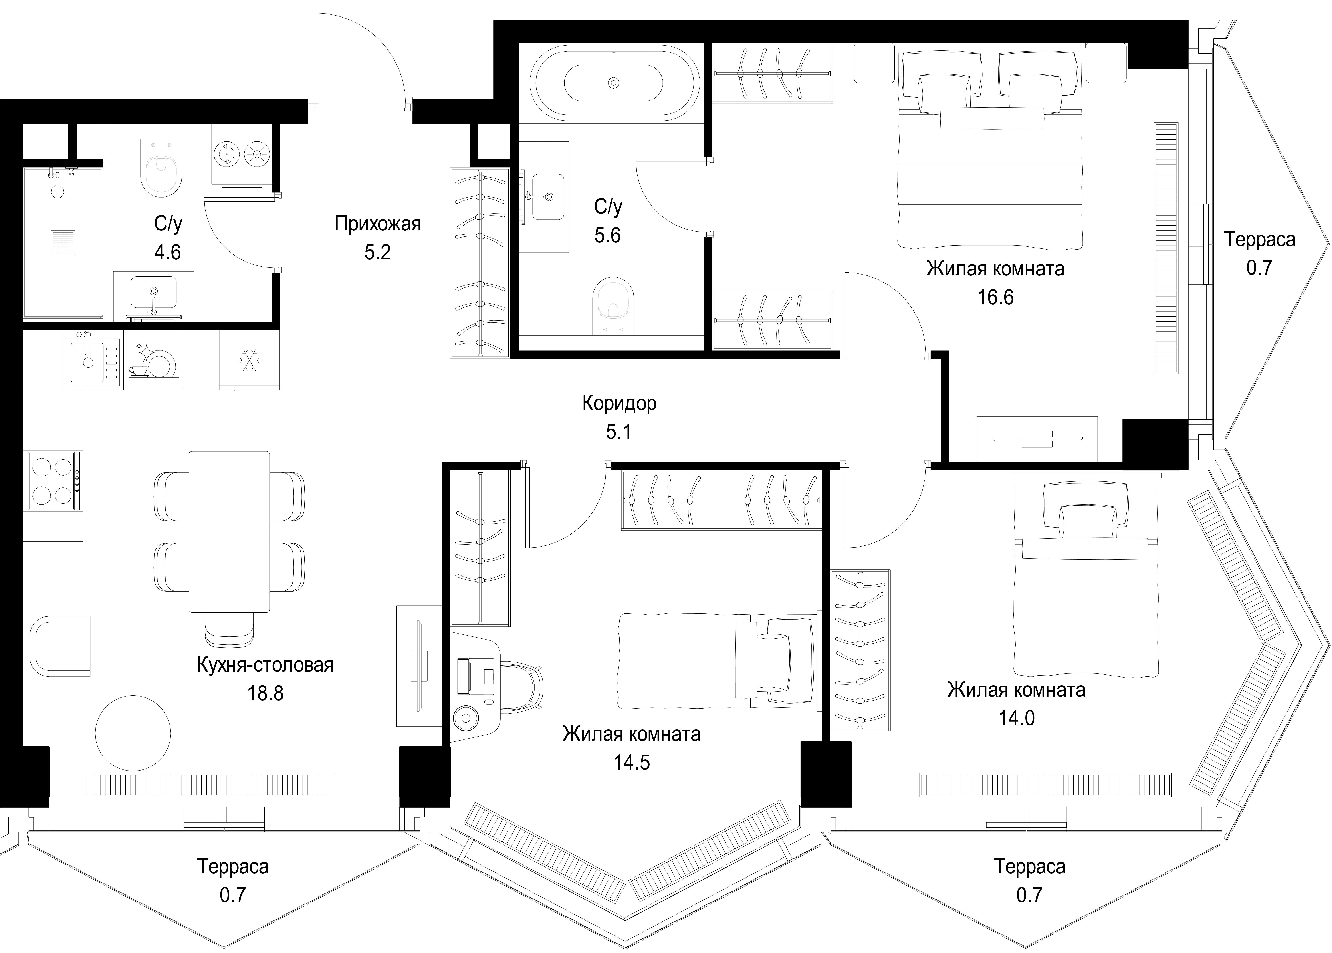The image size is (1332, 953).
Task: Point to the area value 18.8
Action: tap(265, 693)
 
